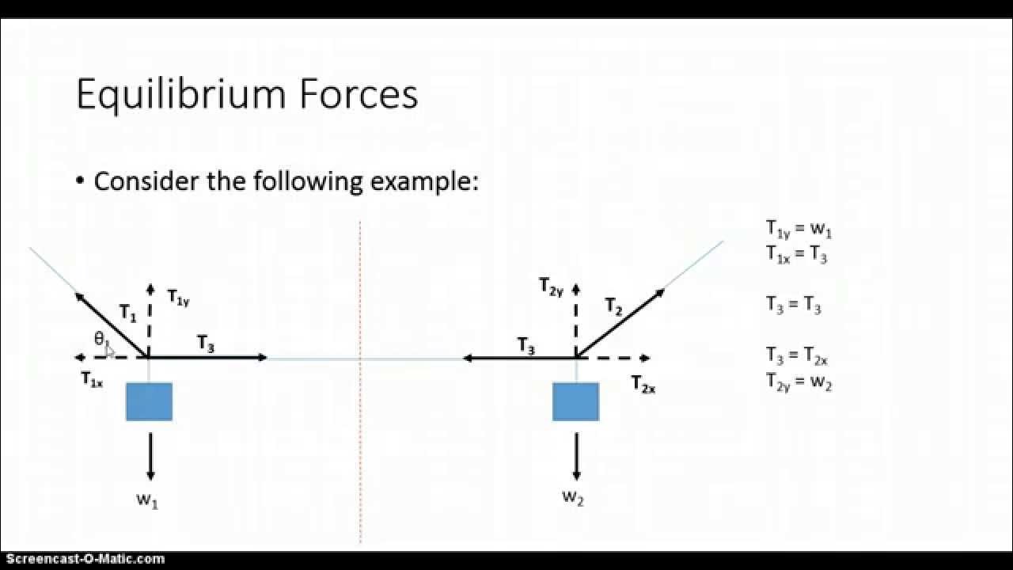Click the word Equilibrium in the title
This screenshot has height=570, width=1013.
(x=180, y=95)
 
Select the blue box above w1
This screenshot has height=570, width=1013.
(x=149, y=401)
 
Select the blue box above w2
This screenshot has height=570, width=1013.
(x=575, y=401)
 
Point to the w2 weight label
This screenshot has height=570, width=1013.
(x=573, y=498)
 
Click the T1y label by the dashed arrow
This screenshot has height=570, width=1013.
(x=179, y=298)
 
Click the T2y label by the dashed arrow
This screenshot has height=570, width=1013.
(x=551, y=286)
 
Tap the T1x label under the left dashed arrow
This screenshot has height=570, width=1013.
(x=92, y=380)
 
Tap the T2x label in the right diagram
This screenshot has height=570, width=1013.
(x=643, y=385)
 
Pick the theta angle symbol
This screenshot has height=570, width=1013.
(x=100, y=339)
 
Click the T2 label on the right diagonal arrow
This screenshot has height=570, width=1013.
(x=614, y=306)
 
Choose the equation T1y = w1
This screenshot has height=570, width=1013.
(x=798, y=230)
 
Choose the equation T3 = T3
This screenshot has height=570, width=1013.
(x=793, y=305)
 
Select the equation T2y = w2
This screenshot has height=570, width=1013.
(x=798, y=382)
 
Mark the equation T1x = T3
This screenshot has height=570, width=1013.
(x=796, y=254)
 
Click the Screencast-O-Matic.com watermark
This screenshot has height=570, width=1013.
(x=83, y=559)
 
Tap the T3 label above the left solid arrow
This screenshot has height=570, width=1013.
(x=206, y=344)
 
